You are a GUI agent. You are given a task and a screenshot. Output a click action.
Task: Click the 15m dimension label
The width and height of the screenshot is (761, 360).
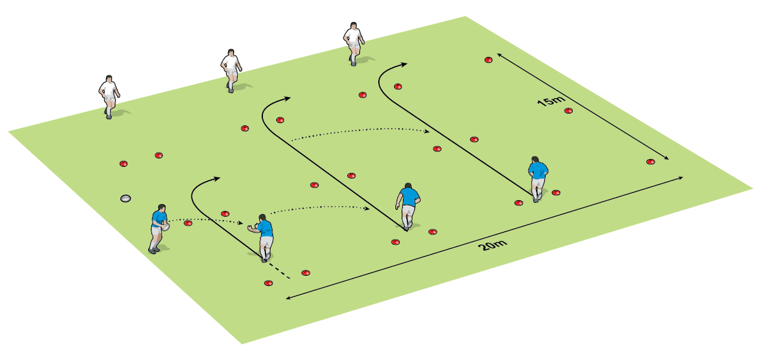pyautogui.click(x=552, y=101)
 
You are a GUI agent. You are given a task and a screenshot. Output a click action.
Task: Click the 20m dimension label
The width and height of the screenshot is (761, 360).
pyautogui.click(x=492, y=245)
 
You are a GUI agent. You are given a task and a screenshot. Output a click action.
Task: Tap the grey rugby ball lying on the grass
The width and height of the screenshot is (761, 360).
pyautogui.click(x=125, y=198)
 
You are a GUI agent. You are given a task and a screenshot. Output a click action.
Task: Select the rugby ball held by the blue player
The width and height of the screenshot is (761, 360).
pyautogui.click(x=166, y=227)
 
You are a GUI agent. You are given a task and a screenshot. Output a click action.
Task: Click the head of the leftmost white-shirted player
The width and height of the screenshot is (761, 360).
pyautogui.click(x=109, y=79)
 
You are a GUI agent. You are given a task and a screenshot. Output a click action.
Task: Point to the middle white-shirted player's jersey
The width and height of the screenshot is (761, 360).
pyautogui.click(x=231, y=62)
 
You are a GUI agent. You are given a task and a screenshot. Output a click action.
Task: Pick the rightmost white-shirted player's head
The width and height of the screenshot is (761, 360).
pyautogui.click(x=354, y=26)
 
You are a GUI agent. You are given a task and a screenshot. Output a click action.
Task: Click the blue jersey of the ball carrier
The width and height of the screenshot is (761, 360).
pyautogui.click(x=159, y=218)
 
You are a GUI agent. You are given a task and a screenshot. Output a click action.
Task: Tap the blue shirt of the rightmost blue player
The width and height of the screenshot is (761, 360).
pyautogui.click(x=538, y=170)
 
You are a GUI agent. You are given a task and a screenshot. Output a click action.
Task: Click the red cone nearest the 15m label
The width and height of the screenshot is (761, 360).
pyautogui.click(x=568, y=110)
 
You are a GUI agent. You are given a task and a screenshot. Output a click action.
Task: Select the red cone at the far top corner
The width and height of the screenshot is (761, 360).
pyautogui.click(x=489, y=60)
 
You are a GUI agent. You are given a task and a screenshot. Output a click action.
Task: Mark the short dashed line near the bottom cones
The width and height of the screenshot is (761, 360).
pyautogui.click(x=280, y=271)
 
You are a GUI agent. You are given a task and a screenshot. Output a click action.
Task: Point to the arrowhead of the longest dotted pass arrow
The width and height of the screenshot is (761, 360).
pyautogui.click(x=426, y=131)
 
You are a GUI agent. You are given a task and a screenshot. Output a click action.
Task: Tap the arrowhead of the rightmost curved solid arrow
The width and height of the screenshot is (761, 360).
pyautogui.click(x=403, y=64)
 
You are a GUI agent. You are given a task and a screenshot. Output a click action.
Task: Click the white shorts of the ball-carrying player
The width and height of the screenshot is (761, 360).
pyautogui.click(x=156, y=231)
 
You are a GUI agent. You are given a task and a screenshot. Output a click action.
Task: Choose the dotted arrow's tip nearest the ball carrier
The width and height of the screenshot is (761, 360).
pyautogui.click(x=240, y=223)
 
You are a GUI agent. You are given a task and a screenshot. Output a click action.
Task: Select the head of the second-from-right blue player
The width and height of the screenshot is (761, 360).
pyautogui.click(x=408, y=186)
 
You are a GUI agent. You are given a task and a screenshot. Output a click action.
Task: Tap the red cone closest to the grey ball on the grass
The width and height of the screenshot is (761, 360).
pyautogui.click(x=124, y=164)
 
